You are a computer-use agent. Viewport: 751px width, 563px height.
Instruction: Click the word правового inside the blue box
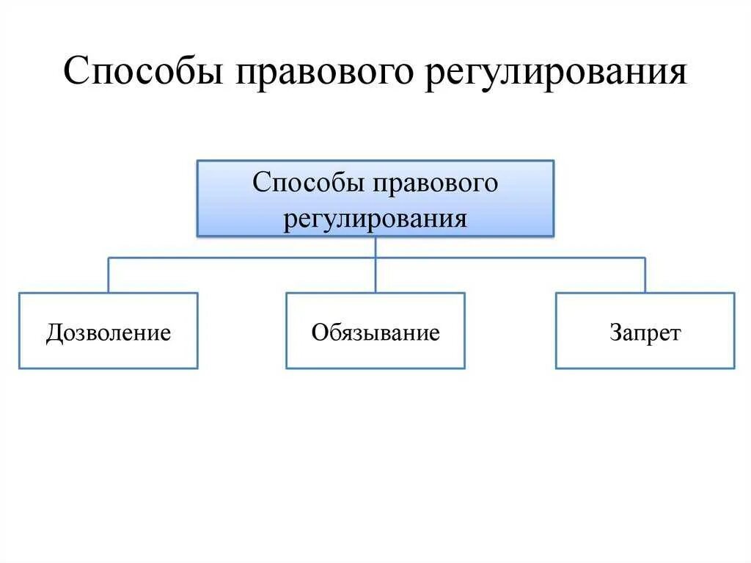(x=436, y=183)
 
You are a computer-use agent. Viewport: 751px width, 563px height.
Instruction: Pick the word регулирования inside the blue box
(x=375, y=219)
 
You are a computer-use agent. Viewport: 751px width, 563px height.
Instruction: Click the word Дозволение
(x=109, y=333)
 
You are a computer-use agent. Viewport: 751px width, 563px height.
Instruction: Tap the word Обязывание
(x=375, y=333)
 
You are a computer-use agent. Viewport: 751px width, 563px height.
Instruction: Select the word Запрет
(x=645, y=333)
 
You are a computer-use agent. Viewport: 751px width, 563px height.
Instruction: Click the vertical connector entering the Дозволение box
(x=109, y=276)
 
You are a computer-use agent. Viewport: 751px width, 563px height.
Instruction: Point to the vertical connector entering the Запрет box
(x=645, y=276)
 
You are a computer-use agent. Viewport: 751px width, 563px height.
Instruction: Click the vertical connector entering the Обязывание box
(x=375, y=276)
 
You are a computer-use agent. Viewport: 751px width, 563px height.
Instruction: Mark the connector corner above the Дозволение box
(x=109, y=258)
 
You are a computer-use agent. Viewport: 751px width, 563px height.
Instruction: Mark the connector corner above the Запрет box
(x=645, y=258)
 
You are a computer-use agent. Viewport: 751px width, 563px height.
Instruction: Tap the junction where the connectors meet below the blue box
(x=375, y=258)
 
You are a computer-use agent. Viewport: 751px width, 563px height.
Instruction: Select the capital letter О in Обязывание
(x=319, y=333)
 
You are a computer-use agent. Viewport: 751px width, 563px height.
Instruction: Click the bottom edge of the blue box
(x=375, y=236)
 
